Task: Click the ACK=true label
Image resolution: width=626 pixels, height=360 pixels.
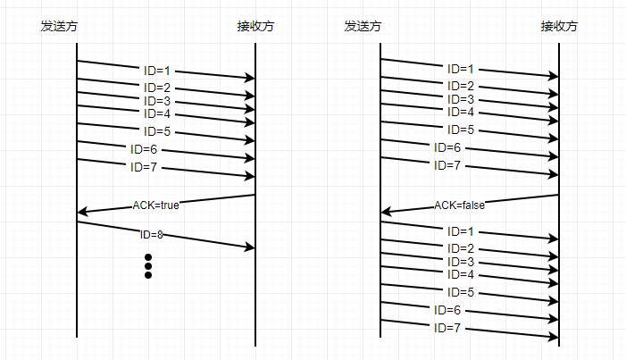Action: pyautogui.click(x=156, y=205)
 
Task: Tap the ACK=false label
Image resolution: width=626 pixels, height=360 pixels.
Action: pyautogui.click(x=460, y=205)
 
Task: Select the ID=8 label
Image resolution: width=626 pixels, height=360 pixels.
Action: pyautogui.click(x=152, y=235)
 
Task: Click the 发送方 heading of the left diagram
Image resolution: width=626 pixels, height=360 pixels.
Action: pyautogui.click(x=59, y=26)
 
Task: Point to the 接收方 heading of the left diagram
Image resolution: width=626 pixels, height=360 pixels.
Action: pyautogui.click(x=255, y=26)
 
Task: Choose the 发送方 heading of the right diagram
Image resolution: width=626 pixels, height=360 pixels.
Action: pyautogui.click(x=363, y=26)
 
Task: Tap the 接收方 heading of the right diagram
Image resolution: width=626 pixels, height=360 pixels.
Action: pyautogui.click(x=559, y=26)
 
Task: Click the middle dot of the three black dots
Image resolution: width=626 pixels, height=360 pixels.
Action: pyautogui.click(x=148, y=266)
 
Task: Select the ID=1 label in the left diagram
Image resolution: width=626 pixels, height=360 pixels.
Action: pyautogui.click(x=156, y=69)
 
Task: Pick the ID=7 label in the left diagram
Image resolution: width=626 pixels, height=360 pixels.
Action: pyautogui.click(x=144, y=167)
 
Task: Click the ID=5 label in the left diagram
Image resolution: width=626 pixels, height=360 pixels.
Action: pyautogui.click(x=157, y=131)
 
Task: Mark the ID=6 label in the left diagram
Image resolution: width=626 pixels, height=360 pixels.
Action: pyautogui.click(x=144, y=149)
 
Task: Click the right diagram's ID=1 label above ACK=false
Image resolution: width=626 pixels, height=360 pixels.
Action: pyautogui.click(x=460, y=69)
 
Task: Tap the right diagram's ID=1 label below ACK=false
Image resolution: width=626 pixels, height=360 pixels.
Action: pyautogui.click(x=460, y=231)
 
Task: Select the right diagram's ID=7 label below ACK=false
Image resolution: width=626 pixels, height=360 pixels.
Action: pyautogui.click(x=447, y=328)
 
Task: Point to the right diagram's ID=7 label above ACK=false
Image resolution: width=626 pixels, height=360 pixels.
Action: pyautogui.click(x=447, y=165)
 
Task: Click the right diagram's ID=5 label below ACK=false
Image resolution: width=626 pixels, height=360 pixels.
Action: pyautogui.click(x=460, y=292)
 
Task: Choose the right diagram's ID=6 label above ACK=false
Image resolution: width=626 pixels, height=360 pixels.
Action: pyautogui.click(x=447, y=147)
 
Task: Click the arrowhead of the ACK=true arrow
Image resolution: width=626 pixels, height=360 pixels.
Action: pyautogui.click(x=81, y=212)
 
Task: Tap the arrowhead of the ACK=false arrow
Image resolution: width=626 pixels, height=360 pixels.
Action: pyautogui.click(x=385, y=212)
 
